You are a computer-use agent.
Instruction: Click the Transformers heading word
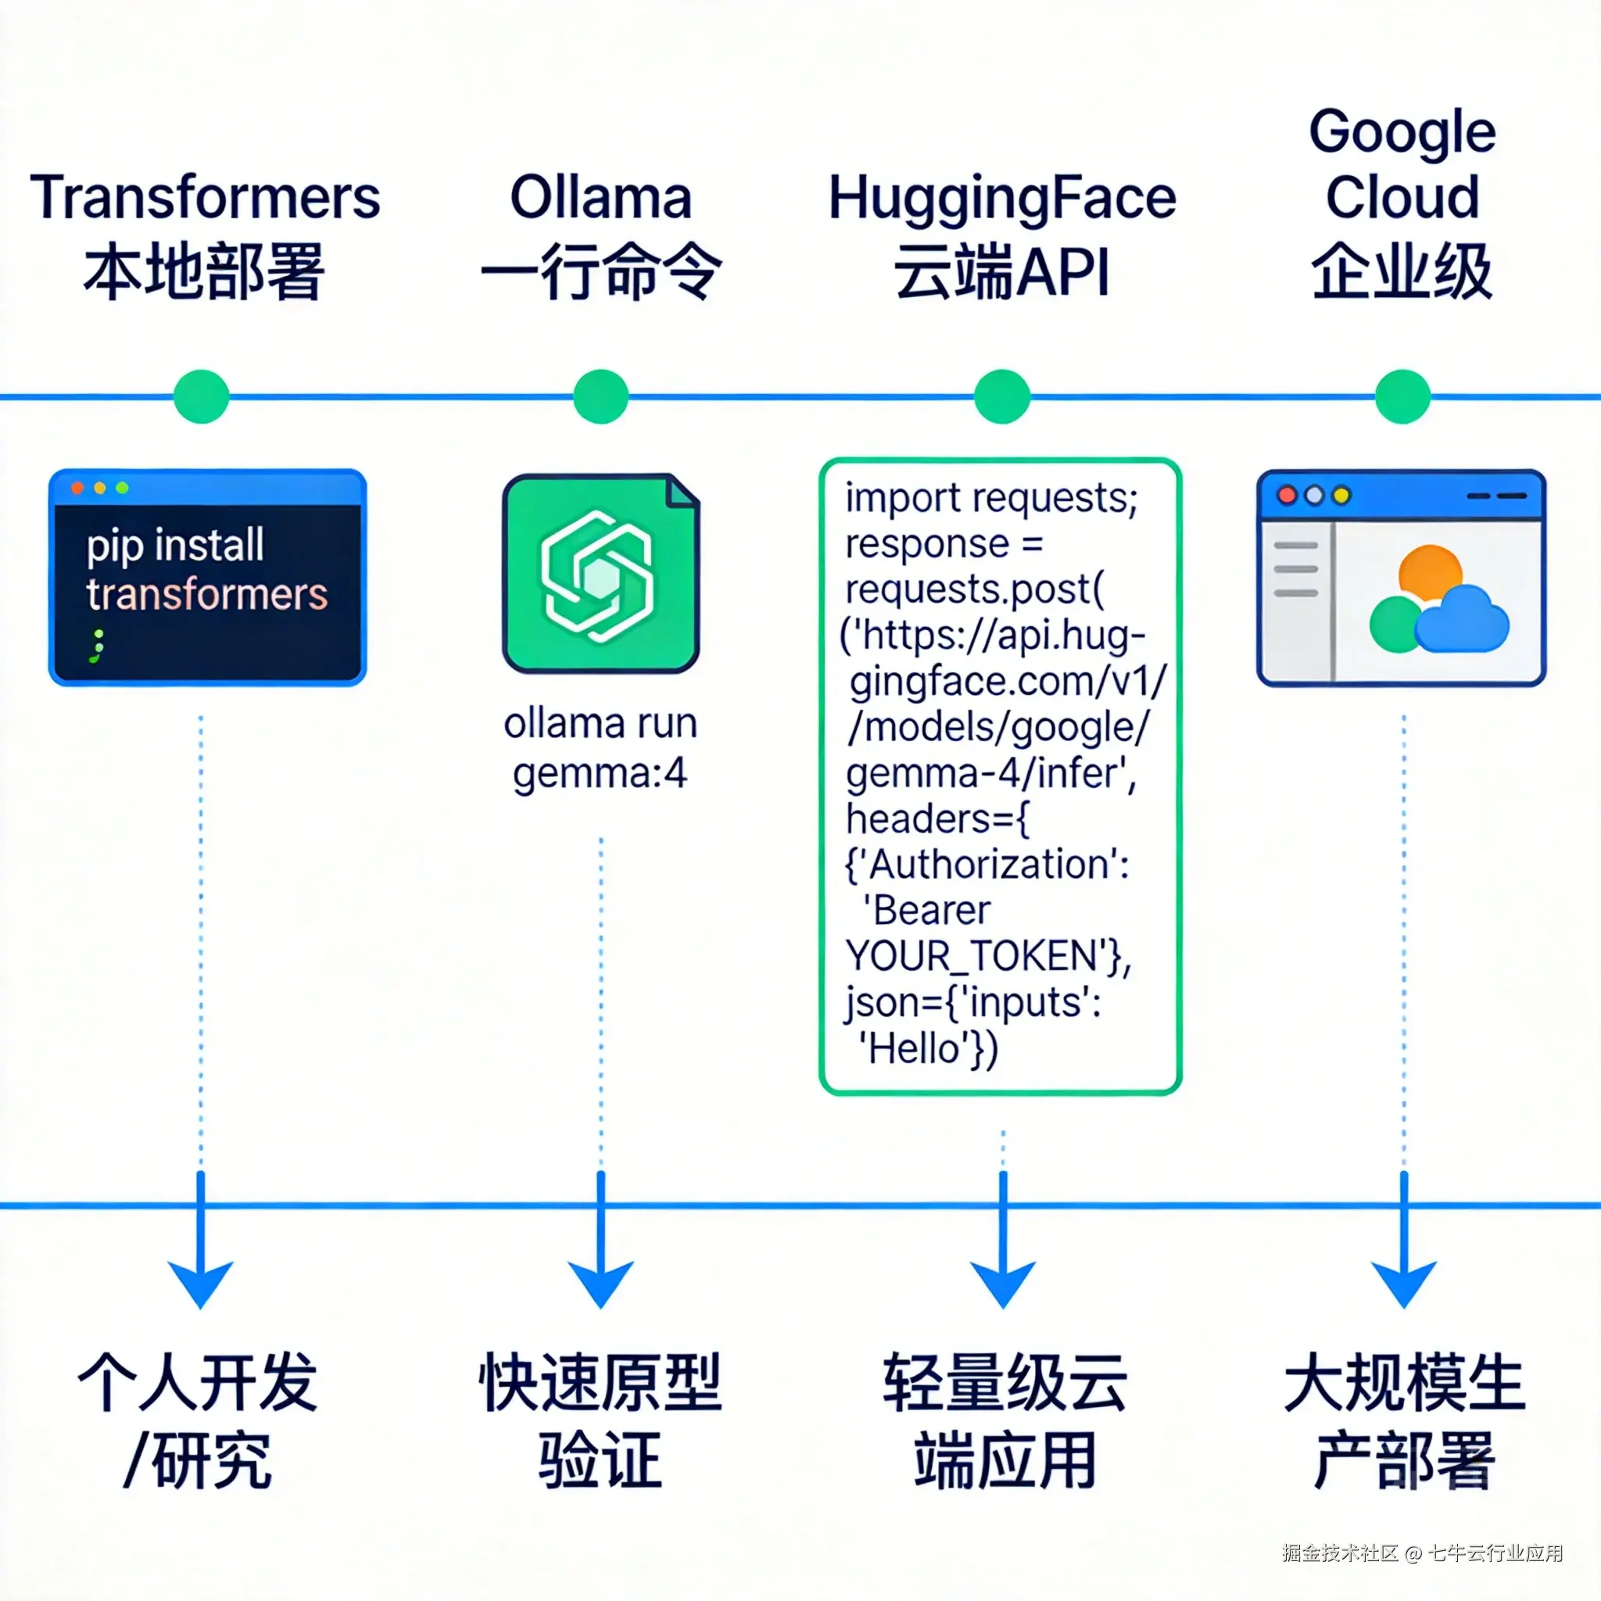[x=205, y=198]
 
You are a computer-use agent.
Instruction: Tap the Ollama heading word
[x=601, y=198]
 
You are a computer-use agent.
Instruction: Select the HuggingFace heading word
[x=1002, y=199]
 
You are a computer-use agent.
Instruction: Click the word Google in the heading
[x=1402, y=133]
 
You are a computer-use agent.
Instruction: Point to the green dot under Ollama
[x=601, y=396]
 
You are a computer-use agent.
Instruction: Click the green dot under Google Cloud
[x=1402, y=396]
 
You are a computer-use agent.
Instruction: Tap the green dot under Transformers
[x=202, y=396]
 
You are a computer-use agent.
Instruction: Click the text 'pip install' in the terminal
[x=175, y=546]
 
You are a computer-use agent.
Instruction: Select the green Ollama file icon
[x=601, y=574]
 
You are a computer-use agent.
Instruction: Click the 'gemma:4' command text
[x=600, y=773]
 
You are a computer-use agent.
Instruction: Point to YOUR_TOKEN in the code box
[x=971, y=956]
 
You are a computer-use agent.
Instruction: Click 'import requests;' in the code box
[x=991, y=499]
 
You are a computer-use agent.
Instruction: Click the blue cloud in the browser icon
[x=1462, y=620]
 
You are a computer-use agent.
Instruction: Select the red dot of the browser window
[x=1287, y=495]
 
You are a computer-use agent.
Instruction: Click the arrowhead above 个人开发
[x=201, y=1282]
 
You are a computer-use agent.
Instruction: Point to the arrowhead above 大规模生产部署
[x=1403, y=1282]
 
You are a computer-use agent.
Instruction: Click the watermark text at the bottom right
[x=1422, y=1553]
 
